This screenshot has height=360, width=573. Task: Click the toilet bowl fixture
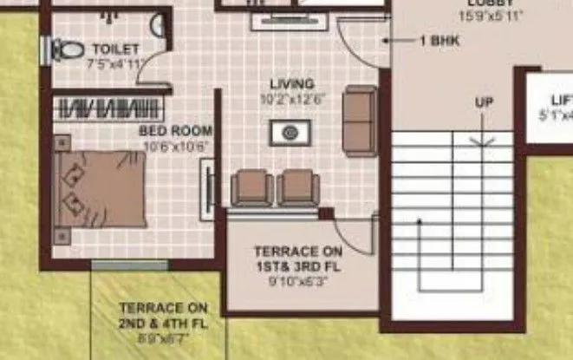[66, 50]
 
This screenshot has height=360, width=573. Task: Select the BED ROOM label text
[175, 131]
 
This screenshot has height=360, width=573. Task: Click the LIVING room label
[291, 83]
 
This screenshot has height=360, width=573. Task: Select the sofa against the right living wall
[360, 120]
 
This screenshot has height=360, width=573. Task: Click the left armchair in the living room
[252, 187]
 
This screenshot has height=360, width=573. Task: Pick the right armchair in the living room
[298, 187]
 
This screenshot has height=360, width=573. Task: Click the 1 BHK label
[439, 41]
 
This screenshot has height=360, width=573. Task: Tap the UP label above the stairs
[484, 102]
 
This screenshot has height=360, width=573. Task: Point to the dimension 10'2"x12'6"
[291, 98]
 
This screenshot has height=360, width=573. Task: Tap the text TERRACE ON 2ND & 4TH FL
[163, 315]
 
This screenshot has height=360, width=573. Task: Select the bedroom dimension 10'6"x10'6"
[175, 146]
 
